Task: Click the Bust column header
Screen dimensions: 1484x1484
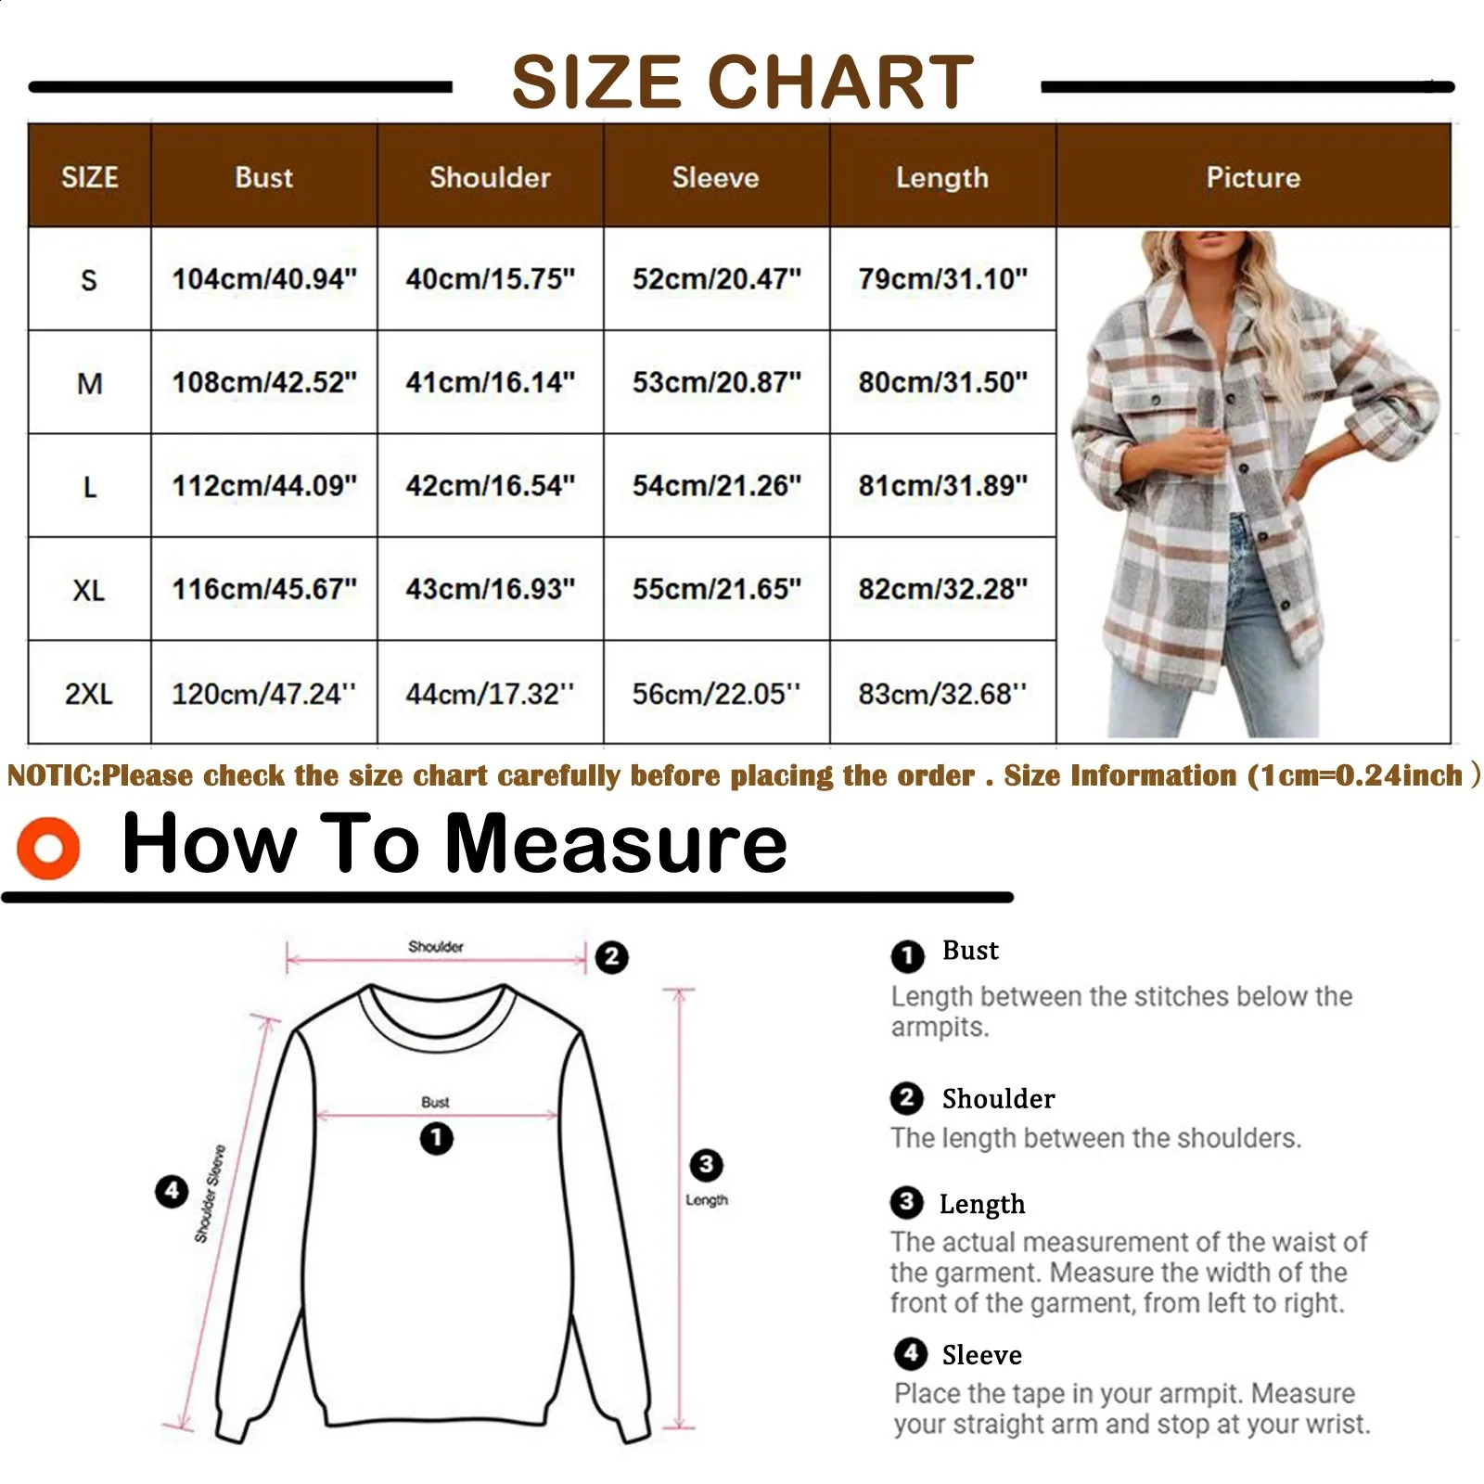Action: coord(263,177)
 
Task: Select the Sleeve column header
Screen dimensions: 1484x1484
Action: coord(715,177)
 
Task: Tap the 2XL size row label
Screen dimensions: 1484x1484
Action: coord(88,693)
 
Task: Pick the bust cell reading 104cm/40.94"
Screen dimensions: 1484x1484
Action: coord(263,278)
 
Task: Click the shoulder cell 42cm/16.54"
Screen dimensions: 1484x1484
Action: coord(490,485)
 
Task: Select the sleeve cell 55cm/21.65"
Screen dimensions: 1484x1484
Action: coord(716,589)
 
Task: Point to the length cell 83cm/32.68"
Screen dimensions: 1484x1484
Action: coord(941,693)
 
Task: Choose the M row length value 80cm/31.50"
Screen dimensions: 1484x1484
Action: coord(942,381)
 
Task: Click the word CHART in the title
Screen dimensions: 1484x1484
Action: coord(840,82)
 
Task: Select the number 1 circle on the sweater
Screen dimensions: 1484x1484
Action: coord(436,1137)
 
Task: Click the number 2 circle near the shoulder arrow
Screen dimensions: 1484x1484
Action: coord(611,956)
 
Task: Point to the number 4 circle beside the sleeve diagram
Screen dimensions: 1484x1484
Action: coord(172,1190)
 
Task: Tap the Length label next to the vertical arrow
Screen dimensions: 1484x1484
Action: coord(707,1199)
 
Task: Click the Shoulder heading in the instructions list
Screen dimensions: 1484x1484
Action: coord(998,1098)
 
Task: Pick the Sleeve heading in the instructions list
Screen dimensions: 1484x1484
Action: coord(981,1355)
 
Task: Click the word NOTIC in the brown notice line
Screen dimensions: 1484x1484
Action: coord(52,775)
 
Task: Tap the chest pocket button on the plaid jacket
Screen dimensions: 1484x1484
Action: coord(1156,400)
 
